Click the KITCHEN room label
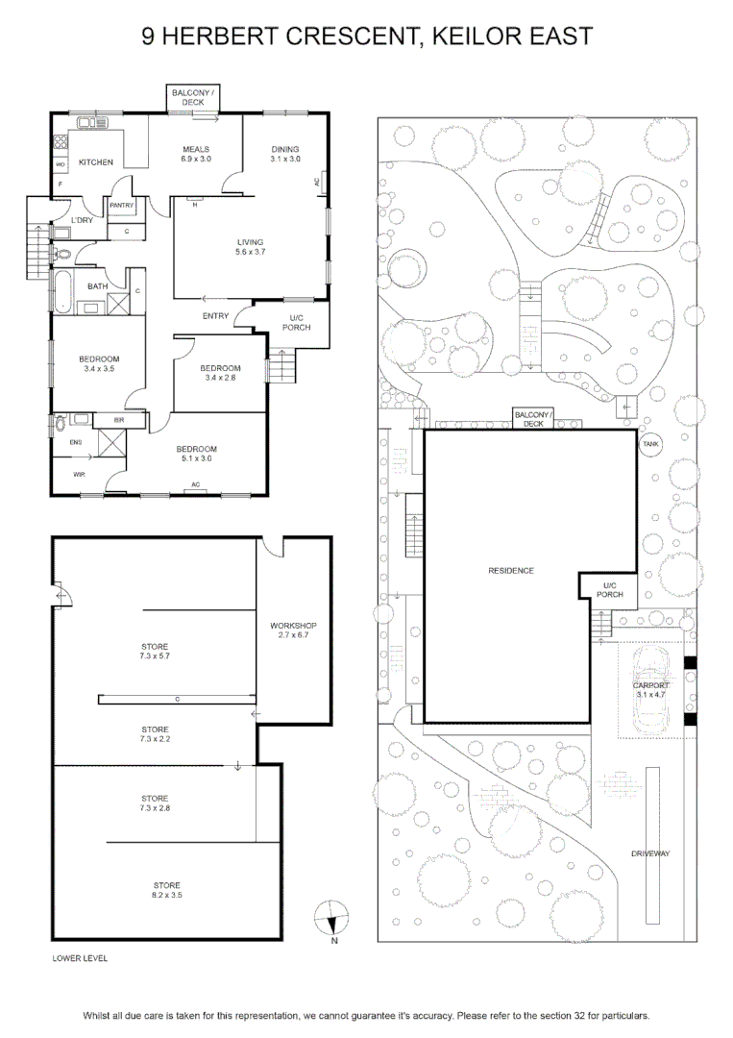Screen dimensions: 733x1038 coord(96,162)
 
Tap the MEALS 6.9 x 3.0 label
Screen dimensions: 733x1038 coord(196,154)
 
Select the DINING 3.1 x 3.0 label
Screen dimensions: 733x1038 coord(285,154)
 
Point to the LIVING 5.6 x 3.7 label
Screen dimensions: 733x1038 coord(250,247)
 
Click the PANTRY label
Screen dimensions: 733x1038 coord(122,206)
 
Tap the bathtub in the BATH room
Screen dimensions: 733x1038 coord(62,292)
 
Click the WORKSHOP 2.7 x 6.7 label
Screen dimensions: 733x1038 coord(293,630)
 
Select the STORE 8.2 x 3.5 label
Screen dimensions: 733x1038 coord(167,890)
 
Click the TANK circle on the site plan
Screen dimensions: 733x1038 coord(650,444)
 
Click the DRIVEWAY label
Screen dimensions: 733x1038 coord(650,854)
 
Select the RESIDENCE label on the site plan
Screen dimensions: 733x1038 coord(511,571)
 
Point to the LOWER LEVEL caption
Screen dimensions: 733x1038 coord(80,958)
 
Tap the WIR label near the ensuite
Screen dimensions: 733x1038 coord(79,474)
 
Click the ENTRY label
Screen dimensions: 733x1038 coord(215,316)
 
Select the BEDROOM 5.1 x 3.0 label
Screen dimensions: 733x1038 coord(197,454)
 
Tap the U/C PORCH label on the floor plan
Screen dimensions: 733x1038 coord(297,322)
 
